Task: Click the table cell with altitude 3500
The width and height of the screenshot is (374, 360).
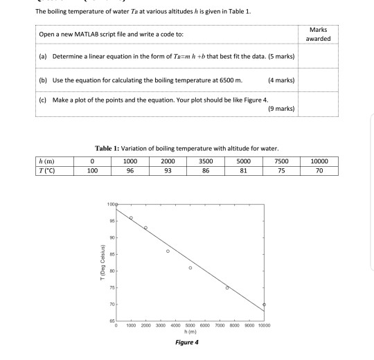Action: coord(204,161)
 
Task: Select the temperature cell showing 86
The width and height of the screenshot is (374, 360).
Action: coord(204,169)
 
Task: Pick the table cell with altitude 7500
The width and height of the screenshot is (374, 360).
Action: coord(281,161)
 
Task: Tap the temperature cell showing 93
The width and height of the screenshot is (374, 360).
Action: coord(166,169)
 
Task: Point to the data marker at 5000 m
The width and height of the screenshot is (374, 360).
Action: coord(190,268)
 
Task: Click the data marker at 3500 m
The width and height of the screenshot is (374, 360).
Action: coord(168,251)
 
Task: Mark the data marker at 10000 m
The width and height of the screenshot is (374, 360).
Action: coord(264,305)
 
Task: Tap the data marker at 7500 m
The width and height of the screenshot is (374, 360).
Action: coord(227,288)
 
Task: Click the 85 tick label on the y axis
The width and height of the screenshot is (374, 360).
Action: coord(111,254)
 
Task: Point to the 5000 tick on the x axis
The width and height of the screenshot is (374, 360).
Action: coord(190,325)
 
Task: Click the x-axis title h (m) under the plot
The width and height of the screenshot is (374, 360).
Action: coord(190,331)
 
